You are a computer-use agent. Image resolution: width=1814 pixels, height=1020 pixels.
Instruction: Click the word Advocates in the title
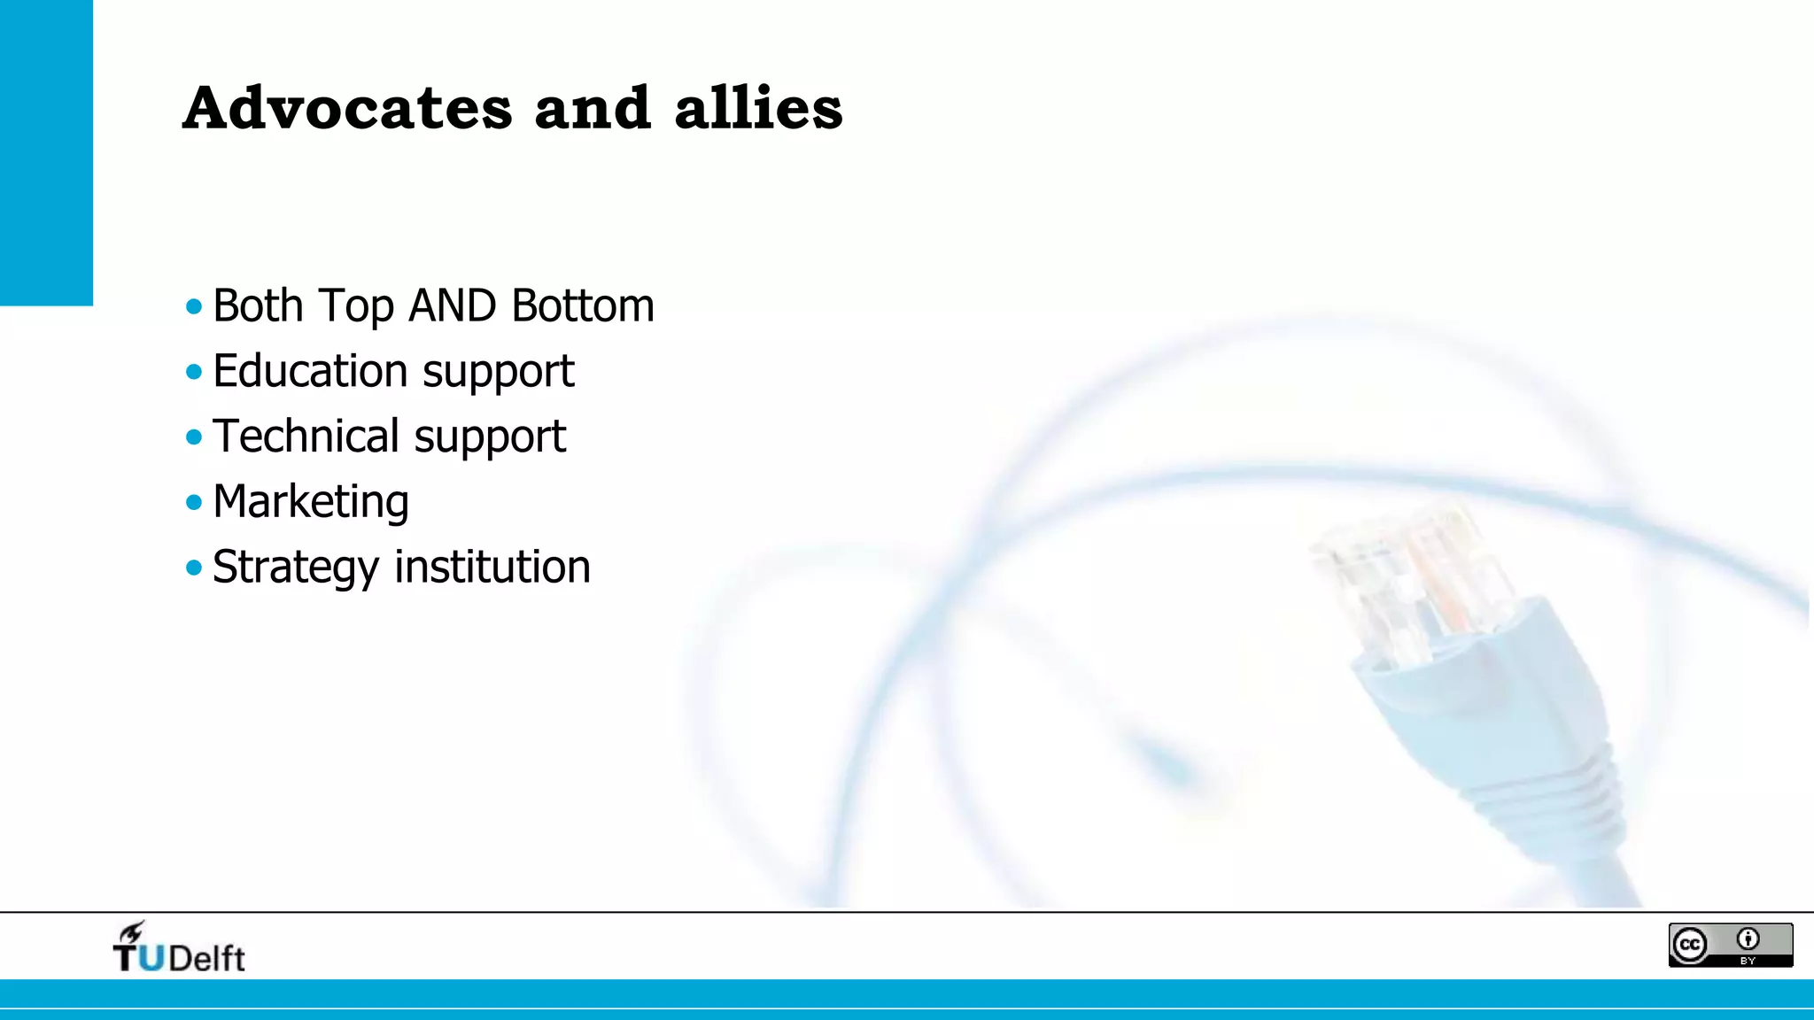(x=347, y=108)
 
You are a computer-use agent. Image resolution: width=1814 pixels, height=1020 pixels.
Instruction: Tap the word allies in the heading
(x=758, y=108)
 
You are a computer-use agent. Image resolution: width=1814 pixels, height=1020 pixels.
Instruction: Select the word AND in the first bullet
(x=452, y=306)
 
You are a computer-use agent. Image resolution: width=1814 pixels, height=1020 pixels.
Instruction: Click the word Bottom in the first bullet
(x=583, y=306)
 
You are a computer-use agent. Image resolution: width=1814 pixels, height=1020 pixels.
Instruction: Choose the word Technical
(x=306, y=437)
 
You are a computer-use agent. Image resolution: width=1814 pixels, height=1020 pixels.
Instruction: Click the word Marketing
(x=311, y=502)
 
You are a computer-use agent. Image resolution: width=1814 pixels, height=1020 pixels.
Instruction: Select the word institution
(x=492, y=567)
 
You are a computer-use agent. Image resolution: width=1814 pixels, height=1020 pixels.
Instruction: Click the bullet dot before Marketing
(x=194, y=503)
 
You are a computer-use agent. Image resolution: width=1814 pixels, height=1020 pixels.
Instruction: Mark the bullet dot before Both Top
(x=194, y=307)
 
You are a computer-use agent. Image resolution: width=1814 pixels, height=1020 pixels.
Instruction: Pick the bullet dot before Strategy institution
(x=194, y=568)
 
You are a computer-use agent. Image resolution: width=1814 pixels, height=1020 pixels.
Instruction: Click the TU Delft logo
(x=179, y=948)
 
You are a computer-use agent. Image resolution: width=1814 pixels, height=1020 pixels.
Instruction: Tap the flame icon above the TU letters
(x=132, y=931)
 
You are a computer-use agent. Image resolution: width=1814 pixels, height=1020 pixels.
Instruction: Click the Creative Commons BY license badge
(x=1730, y=945)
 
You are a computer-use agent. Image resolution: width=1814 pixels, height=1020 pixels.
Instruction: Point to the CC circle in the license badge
(x=1690, y=945)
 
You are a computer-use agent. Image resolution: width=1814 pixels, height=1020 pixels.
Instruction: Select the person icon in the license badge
(x=1748, y=939)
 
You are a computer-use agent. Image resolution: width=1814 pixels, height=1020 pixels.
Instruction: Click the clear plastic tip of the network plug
(x=1408, y=576)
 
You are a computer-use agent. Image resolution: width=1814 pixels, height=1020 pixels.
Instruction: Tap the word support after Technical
(x=490, y=437)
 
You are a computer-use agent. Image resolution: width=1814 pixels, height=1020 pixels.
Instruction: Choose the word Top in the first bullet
(x=355, y=307)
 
